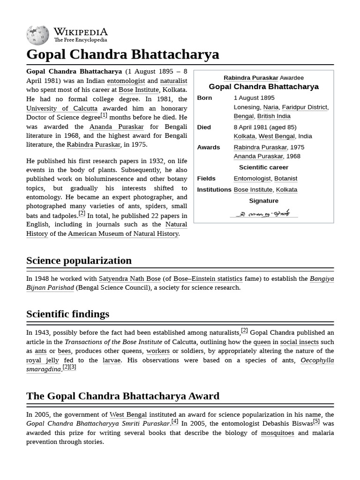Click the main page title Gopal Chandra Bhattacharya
click(123, 54)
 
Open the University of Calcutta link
click(62, 108)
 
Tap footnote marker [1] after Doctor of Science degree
click(104, 115)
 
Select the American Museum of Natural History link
click(123, 233)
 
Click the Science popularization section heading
click(79, 261)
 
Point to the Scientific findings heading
click(67, 314)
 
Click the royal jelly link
click(43, 360)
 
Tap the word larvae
click(112, 360)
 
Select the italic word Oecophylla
click(317, 360)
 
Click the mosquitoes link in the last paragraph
click(277, 433)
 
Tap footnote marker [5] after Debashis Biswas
click(316, 421)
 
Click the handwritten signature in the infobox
click(263, 213)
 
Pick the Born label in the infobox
click(204, 98)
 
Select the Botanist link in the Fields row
click(285, 179)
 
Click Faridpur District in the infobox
click(304, 107)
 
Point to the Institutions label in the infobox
click(214, 190)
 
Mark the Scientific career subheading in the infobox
click(263, 167)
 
